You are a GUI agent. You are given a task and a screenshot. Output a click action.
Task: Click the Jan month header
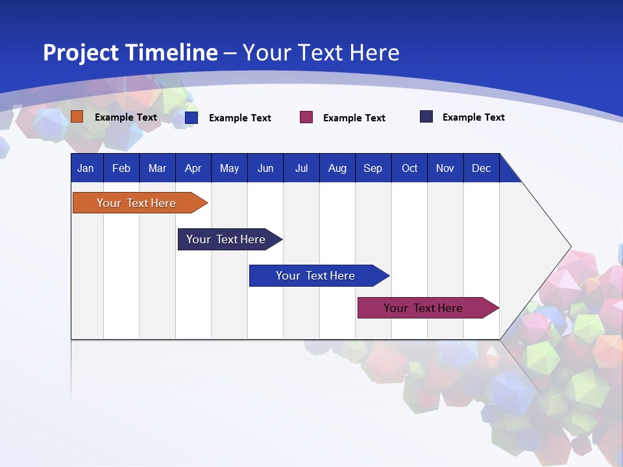[x=86, y=169]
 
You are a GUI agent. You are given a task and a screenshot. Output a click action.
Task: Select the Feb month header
[x=121, y=169]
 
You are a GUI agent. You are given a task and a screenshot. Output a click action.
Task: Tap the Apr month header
[x=193, y=169]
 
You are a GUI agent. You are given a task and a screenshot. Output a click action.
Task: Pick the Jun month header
[x=265, y=169]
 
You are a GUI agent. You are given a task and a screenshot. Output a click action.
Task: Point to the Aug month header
[x=337, y=169]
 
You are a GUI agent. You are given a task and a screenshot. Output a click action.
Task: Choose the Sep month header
[x=373, y=169]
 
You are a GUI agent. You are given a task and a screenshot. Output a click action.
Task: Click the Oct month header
[x=409, y=169]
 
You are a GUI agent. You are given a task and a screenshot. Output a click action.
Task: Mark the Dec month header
[x=481, y=169]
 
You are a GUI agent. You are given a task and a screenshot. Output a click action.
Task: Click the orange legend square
[x=77, y=117]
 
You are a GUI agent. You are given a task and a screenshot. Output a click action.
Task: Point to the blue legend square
[x=191, y=117]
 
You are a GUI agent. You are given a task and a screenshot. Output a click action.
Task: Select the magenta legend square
[x=306, y=117]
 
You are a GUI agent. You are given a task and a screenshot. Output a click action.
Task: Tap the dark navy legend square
[x=426, y=117]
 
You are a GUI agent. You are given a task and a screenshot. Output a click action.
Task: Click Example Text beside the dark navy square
[x=473, y=117]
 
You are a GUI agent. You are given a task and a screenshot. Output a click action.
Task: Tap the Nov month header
[x=445, y=169]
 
